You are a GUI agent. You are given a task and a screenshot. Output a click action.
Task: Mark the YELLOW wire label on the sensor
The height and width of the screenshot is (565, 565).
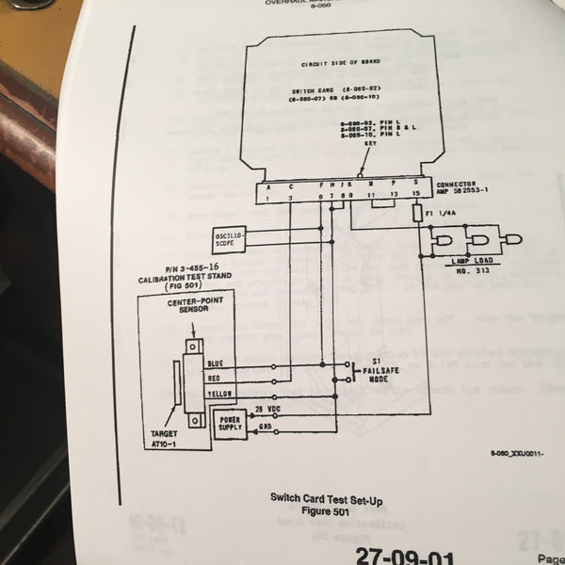tap(218, 392)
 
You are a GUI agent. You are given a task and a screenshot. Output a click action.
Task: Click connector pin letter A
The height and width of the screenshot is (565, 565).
tap(267, 186)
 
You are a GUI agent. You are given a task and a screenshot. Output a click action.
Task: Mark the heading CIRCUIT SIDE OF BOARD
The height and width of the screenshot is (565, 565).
tap(338, 64)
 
